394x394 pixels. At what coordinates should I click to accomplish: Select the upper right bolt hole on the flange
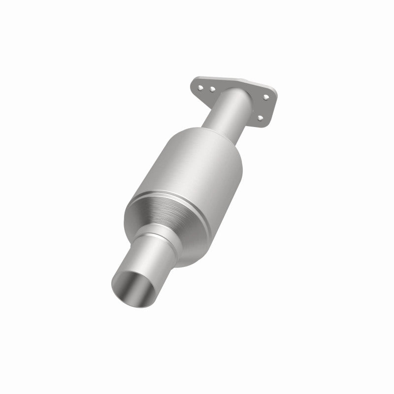click(266, 97)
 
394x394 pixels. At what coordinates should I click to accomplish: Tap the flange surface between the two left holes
click(206, 88)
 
